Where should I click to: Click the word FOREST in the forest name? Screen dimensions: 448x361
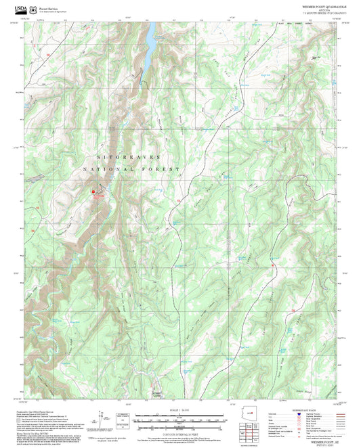[163, 169]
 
